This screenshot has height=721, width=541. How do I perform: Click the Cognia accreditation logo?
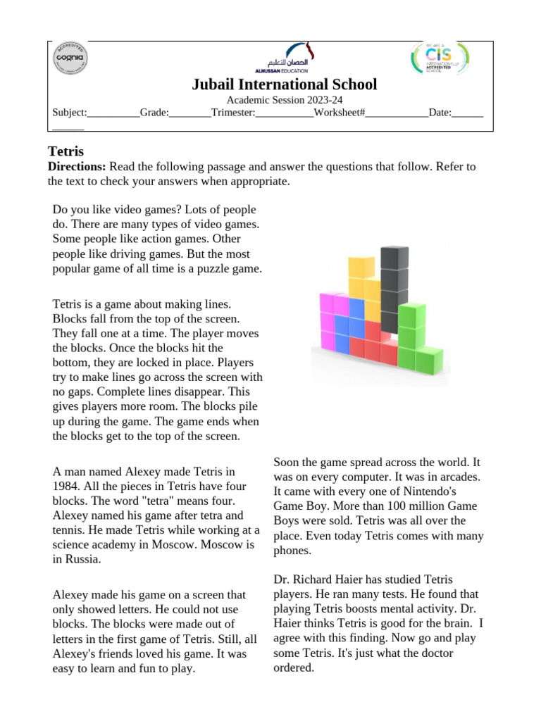(70, 59)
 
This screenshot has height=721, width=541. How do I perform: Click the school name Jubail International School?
(285, 85)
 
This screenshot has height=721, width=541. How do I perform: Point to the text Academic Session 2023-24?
(285, 101)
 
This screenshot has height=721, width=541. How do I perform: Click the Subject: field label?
(70, 113)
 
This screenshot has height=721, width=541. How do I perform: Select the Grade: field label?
(154, 113)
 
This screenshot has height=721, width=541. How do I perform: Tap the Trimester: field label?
(232, 113)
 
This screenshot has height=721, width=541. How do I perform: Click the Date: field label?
(440, 113)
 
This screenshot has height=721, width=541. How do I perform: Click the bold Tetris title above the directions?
(66, 151)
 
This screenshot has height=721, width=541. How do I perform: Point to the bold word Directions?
(77, 167)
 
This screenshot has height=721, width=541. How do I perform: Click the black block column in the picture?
(394, 282)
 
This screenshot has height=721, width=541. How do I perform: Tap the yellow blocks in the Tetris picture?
(363, 282)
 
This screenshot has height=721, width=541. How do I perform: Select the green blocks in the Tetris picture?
(416, 338)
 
